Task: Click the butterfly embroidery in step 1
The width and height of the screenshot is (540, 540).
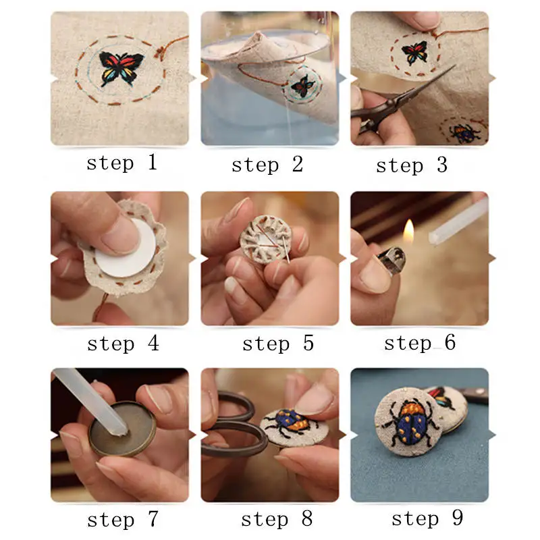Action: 121,69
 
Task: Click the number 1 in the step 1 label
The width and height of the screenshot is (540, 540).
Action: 153,162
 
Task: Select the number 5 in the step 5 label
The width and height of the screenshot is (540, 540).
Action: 308,343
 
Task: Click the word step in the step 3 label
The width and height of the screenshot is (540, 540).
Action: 400,166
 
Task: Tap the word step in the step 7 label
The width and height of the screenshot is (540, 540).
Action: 111,520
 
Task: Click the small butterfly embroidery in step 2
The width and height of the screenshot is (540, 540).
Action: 302,86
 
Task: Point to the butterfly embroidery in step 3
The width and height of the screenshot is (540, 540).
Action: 415,53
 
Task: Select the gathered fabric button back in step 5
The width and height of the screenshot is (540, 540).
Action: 265,240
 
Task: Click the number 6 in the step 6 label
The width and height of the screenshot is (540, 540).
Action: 450,342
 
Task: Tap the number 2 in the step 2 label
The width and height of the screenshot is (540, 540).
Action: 298,164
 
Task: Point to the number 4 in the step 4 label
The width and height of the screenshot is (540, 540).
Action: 153,343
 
